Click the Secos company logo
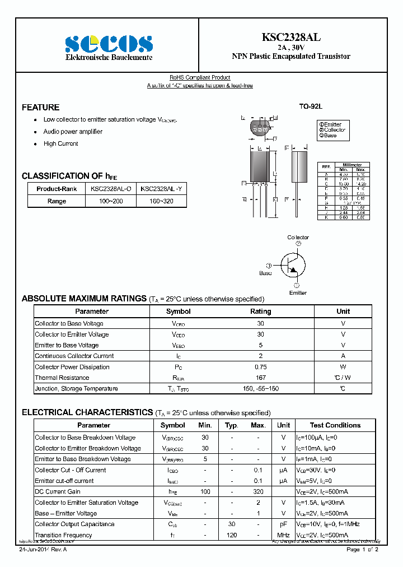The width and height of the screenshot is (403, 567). (x=109, y=43)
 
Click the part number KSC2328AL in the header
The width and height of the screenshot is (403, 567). (x=291, y=38)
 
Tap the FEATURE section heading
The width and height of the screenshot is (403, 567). (x=40, y=107)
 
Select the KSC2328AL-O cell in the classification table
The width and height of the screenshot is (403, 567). (x=111, y=189)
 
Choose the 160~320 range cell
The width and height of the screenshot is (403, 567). (x=161, y=201)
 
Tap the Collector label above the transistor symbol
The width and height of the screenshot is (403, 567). (x=298, y=238)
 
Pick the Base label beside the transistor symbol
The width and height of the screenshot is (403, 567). (x=265, y=273)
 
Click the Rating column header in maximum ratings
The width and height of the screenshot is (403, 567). (x=260, y=312)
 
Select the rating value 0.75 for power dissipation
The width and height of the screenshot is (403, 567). (x=260, y=367)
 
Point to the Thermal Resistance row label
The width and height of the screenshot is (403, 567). (x=62, y=378)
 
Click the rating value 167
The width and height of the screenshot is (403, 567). (x=260, y=378)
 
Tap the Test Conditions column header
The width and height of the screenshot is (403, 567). (x=335, y=425)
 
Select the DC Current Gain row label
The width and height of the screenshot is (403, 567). (x=58, y=491)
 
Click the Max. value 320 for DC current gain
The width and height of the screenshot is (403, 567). (x=258, y=491)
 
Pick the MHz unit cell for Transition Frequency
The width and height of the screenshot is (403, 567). (x=283, y=535)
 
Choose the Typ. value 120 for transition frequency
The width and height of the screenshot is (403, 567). (x=231, y=535)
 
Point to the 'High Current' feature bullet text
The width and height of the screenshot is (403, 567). (x=61, y=143)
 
